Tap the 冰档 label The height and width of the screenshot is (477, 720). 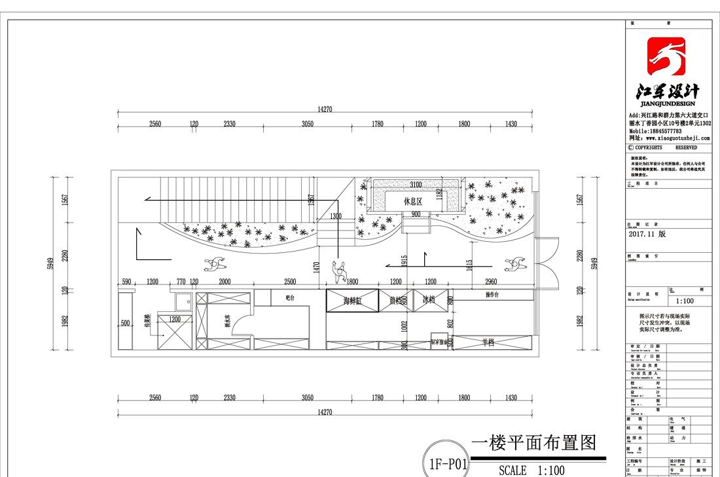click(x=428, y=300)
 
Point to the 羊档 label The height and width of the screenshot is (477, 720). click(x=488, y=342)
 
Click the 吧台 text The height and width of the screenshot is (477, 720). click(x=291, y=298)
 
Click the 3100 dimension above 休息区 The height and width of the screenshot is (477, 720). click(x=416, y=185)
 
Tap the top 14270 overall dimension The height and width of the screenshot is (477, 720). click(x=325, y=109)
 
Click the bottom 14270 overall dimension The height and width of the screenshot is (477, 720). click(x=325, y=411)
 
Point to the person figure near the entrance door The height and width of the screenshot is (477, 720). click(x=513, y=265)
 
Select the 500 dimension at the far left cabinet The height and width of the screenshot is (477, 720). click(x=124, y=323)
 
